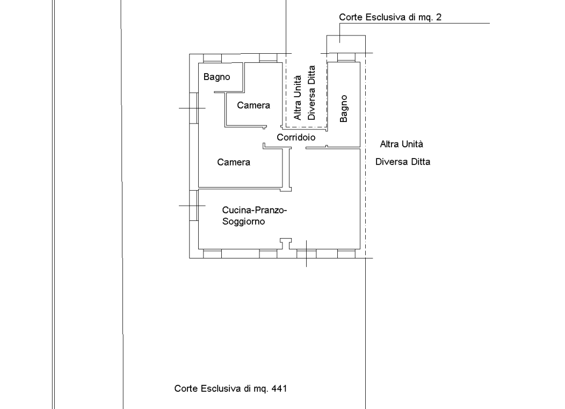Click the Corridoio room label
pos(296,138)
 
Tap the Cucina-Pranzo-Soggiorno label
pos(255,216)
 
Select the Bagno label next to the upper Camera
pos(216,77)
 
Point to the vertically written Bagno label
pos(343,109)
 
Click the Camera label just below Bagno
pos(253,105)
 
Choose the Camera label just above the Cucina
pos(234,162)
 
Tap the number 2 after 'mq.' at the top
pos(439,17)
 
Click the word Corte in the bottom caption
pos(186,389)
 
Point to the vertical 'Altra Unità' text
pos(298,98)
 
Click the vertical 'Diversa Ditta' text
pos(312,92)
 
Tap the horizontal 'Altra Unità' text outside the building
pos(401,144)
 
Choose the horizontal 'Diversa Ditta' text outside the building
pos(403,162)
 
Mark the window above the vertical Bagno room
pos(346,58)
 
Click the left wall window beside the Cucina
pos(194,206)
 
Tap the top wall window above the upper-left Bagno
pos(212,59)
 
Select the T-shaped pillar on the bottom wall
pos(286,244)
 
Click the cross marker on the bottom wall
pos(306,254)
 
